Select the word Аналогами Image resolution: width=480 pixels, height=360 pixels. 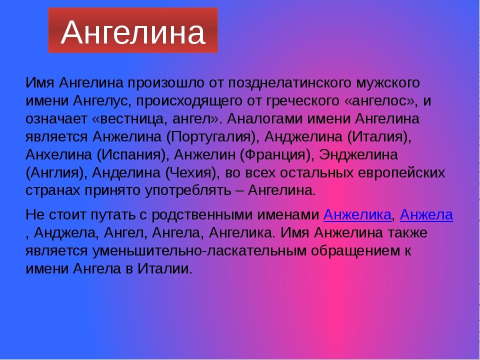[x=264, y=119]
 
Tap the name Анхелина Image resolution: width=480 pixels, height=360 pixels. [x=59, y=154]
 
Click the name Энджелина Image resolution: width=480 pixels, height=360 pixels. [x=358, y=155]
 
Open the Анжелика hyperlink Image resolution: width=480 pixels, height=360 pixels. [x=357, y=215]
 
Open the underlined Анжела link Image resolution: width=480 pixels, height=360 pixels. [x=426, y=215]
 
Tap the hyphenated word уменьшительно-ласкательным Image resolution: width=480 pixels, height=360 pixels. [x=199, y=250]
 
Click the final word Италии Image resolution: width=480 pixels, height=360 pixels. [x=164, y=269]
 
